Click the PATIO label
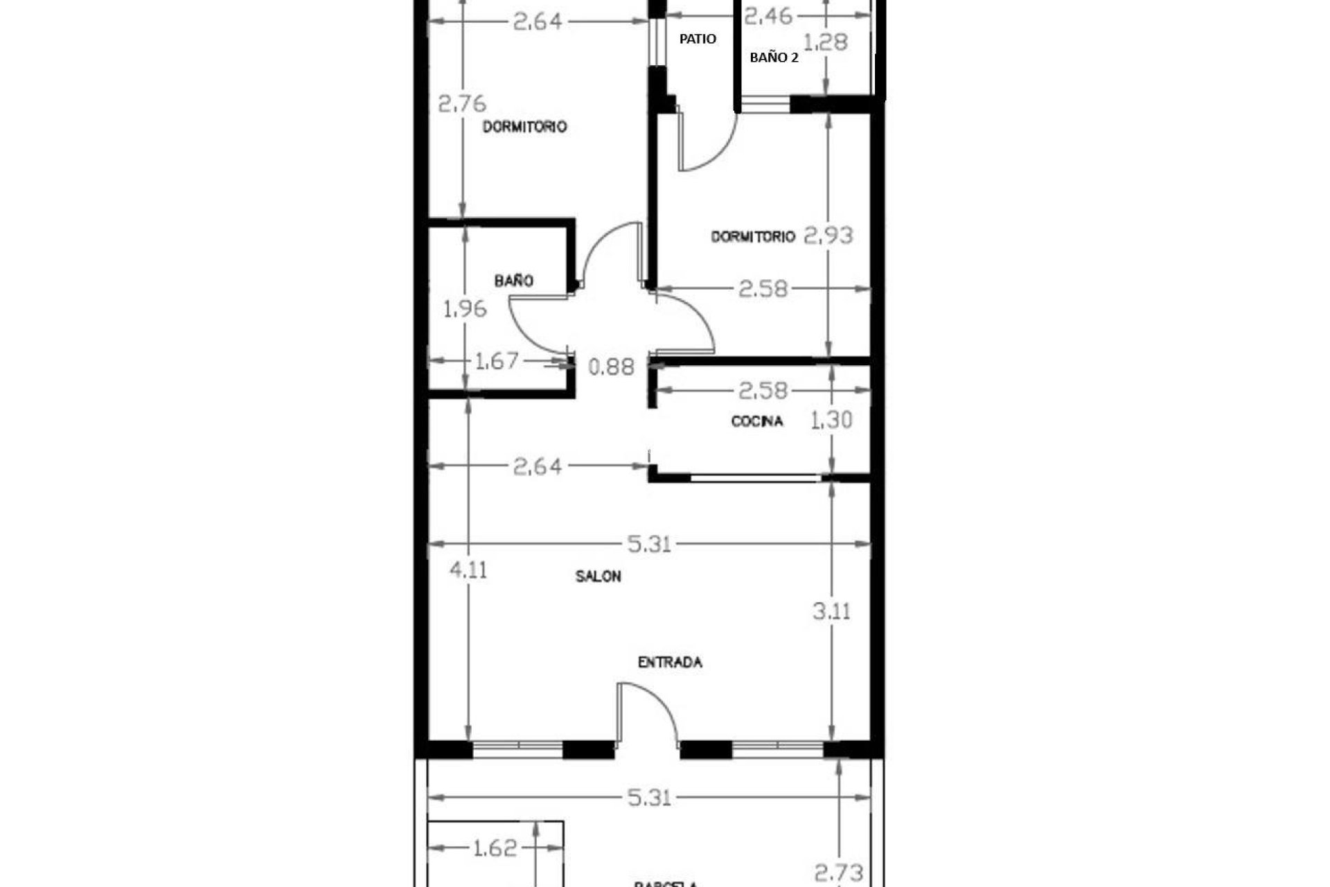[697, 39]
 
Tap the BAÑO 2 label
[774, 58]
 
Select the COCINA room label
[757, 421]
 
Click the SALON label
[598, 577]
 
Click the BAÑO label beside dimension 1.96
[513, 281]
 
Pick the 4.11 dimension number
[468, 570]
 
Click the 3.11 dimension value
[831, 612]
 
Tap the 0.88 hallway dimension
[611, 367]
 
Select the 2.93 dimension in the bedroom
[828, 236]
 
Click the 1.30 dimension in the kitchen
[831, 420]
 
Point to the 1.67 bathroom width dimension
[496, 361]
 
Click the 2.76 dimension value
[462, 104]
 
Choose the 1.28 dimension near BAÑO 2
[827, 42]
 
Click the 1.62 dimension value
[495, 848]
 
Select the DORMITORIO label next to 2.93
[752, 237]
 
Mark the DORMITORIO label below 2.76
[524, 127]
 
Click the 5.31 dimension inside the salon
[649, 544]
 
